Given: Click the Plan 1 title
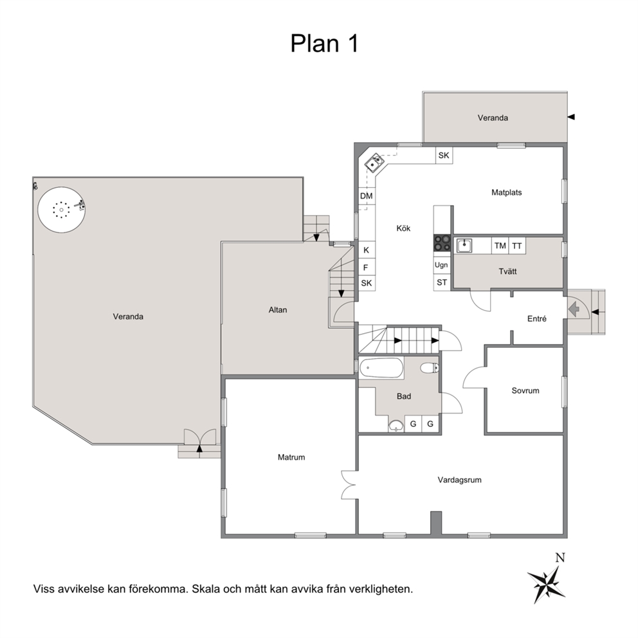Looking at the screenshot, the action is (324, 43).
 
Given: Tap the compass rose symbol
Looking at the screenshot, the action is (547, 579).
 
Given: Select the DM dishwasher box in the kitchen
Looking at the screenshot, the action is (366, 196).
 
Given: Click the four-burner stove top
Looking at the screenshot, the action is (442, 243).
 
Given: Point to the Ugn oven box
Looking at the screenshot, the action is (441, 265).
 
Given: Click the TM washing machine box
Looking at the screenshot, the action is (500, 246).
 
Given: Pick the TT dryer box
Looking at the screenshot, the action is (516, 246).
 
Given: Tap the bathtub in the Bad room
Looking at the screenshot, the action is (381, 369).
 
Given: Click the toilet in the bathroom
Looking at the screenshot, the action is (429, 368).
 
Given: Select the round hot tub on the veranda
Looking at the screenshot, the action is (62, 210).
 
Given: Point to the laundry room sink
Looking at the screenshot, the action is (464, 246).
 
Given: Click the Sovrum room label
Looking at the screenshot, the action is (525, 390).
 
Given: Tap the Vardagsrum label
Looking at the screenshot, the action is (459, 480).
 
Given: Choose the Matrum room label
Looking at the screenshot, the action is (291, 457).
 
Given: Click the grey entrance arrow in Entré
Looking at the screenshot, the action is (574, 310).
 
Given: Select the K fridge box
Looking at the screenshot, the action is (366, 250).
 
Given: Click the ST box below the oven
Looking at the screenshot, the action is (442, 282).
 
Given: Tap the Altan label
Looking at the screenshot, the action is (278, 310).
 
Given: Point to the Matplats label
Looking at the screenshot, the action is (507, 192).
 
